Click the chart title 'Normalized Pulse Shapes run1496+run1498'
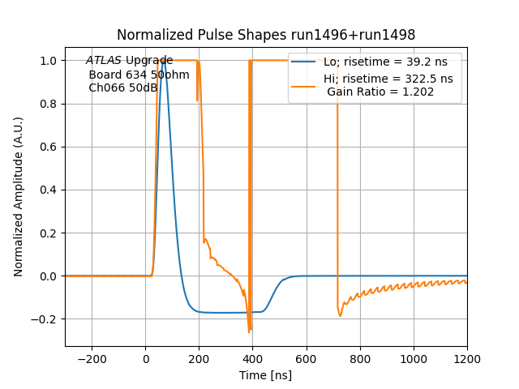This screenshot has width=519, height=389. coord(266,35)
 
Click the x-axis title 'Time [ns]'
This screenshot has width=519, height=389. coord(266,375)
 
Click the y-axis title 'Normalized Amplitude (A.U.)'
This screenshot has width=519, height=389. coord(19,197)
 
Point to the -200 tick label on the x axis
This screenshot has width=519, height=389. coord(92,358)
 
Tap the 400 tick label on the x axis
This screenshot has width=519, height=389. coord(252,358)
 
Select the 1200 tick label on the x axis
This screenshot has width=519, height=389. coord(467,358)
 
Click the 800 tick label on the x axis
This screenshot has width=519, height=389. coord(359,358)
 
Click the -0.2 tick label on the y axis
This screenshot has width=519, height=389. coord(45,318)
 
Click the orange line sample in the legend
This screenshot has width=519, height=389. coord(304,79)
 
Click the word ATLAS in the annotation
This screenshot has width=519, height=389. coord(104,61)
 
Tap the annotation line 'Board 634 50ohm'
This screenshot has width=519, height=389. coord(139,75)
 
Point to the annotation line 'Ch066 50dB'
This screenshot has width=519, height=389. coord(123,88)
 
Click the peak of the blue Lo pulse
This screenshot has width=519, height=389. coord(164,61)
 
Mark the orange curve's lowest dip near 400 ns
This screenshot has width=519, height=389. coord(249,332)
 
